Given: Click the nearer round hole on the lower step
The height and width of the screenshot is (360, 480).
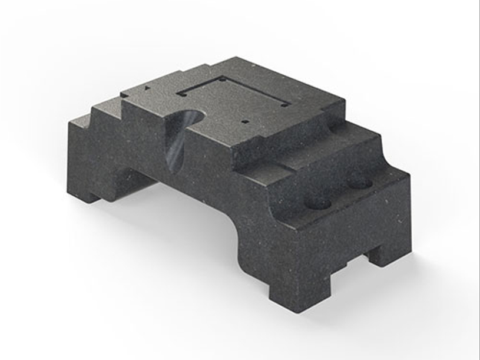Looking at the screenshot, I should click(x=319, y=204).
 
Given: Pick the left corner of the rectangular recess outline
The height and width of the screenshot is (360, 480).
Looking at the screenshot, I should click(x=177, y=93).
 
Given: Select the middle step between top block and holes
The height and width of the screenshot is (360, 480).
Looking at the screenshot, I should click(x=330, y=153).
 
